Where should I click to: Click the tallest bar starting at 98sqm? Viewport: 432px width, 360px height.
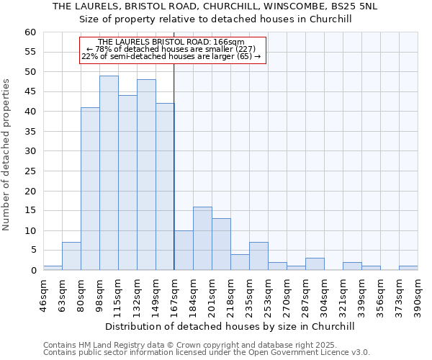pos(109,173)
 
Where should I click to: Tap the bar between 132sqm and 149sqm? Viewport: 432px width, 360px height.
pos(146,175)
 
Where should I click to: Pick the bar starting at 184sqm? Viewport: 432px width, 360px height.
pos(202,238)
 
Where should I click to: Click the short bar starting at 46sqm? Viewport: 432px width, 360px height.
pos(53,268)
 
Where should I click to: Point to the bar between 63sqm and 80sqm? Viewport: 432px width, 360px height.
pos(71,256)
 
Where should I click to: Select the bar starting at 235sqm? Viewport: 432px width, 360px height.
pos(258,256)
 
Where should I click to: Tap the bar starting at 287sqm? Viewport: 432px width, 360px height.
pos(315,264)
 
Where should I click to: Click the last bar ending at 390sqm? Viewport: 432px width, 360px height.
pos(408,268)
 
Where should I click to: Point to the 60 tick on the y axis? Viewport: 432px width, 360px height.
pos(30,32)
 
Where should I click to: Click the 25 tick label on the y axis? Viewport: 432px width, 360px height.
pos(30,171)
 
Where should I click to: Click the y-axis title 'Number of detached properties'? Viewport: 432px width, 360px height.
pos(7,155)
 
